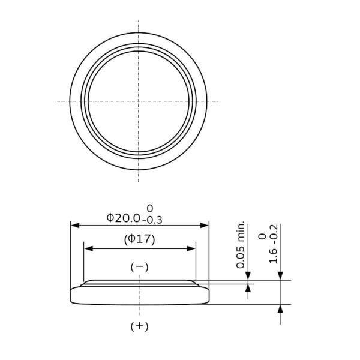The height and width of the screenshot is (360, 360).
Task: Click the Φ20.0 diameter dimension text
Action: [x=123, y=218]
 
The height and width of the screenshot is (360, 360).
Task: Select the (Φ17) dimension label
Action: [x=140, y=239]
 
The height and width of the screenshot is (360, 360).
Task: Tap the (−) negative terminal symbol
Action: [x=139, y=267]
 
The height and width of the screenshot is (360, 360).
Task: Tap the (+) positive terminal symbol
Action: [x=139, y=326]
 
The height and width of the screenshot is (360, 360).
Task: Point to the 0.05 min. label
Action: [x=241, y=245]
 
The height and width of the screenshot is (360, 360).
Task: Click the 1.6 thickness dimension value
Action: [x=273, y=256]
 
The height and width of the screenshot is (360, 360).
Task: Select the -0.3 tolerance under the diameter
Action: [x=152, y=220]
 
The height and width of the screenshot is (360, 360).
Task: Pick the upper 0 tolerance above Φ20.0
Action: [x=149, y=208]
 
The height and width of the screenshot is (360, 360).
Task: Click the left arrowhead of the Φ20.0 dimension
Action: [x=76, y=226]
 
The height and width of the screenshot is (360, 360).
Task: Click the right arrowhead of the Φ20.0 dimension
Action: [x=204, y=226]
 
